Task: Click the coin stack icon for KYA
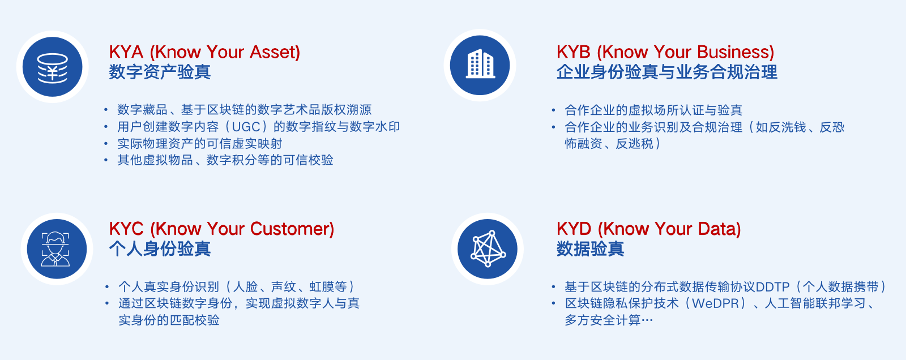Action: (x=53, y=67)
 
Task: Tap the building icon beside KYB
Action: (x=480, y=65)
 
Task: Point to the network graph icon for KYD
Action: (x=488, y=248)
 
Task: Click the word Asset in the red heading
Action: (x=272, y=52)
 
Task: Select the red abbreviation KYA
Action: (x=126, y=52)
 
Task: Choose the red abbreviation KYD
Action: (x=574, y=229)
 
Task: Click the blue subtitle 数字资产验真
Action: (x=160, y=72)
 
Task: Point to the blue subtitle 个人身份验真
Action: (x=160, y=249)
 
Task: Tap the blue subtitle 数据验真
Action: (x=591, y=249)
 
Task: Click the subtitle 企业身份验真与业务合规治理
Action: (x=667, y=72)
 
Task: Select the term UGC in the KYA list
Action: (x=246, y=127)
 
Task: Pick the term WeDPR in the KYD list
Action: (x=716, y=303)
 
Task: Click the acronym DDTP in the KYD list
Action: (x=772, y=287)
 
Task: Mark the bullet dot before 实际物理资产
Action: (x=106, y=143)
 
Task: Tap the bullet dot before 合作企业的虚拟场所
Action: (x=553, y=110)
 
